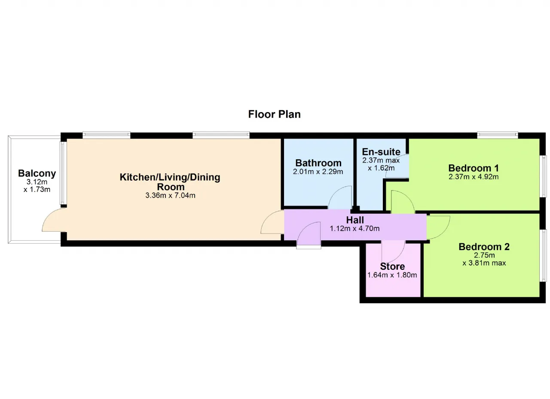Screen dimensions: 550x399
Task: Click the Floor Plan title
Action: click(274, 114)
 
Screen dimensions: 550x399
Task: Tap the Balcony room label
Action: click(37, 173)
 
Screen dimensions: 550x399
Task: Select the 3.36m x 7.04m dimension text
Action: click(170, 195)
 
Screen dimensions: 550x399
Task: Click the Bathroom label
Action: click(318, 163)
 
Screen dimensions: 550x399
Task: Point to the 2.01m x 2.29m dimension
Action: click(318, 172)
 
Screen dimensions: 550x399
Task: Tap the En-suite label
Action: click(381, 152)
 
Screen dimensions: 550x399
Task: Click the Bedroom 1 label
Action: click(474, 168)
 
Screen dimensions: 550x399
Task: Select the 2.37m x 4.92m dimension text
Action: click(474, 177)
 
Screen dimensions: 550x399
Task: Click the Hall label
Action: click(355, 220)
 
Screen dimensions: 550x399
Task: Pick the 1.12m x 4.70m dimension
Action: click(354, 229)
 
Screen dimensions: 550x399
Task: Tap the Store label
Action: click(392, 266)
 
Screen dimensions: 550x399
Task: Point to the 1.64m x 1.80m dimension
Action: click(392, 275)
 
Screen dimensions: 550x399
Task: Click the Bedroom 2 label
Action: click(484, 247)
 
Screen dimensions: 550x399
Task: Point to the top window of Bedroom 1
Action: click(498, 135)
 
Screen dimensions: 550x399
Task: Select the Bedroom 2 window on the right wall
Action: click(544, 256)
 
